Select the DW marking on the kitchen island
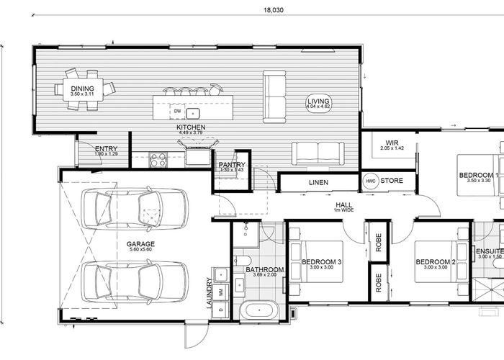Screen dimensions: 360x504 [177, 112]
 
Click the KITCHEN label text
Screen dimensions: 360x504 [192, 127]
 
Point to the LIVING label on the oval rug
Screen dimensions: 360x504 [318, 102]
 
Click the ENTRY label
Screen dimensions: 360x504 [106, 149]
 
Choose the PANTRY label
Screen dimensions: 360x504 [233, 165]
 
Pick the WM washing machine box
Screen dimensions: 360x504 [221, 289]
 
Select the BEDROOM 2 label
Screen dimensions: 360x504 [436, 261]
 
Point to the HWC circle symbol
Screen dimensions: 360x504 [371, 181]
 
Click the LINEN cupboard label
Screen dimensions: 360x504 [318, 183]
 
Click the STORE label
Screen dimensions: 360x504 [392, 181]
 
